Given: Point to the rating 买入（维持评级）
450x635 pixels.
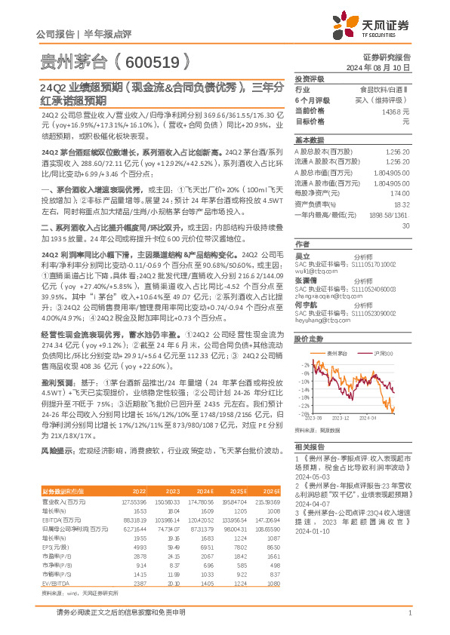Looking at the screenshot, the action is click(x=384, y=100).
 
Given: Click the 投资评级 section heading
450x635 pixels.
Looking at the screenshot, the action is click(x=309, y=78).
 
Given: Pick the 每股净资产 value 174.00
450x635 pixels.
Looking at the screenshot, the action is click(x=399, y=193).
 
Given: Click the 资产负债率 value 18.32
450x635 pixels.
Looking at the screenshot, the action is click(x=401, y=204).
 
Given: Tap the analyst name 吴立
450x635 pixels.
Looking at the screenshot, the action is click(x=301, y=257).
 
